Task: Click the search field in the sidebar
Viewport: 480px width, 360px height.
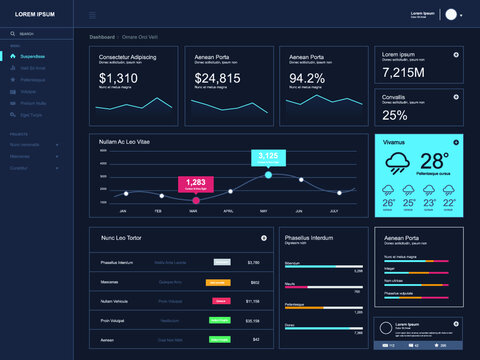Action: pyautogui.click(x=40, y=35)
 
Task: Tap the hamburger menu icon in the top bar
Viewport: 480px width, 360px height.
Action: pyautogui.click(x=93, y=15)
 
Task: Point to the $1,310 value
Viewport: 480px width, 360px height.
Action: pyautogui.click(x=119, y=78)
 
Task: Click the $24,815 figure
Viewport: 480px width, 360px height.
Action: pyautogui.click(x=217, y=78)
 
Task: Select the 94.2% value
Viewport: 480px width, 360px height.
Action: pyautogui.click(x=307, y=78)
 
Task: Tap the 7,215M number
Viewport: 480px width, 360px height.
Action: pyautogui.click(x=403, y=72)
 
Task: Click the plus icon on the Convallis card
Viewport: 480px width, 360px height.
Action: pyautogui.click(x=456, y=97)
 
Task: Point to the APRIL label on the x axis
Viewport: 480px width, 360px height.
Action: pyautogui.click(x=228, y=211)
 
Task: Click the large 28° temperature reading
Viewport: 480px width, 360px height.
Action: pyautogui.click(x=434, y=161)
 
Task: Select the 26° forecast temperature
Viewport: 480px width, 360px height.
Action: pyautogui.click(x=389, y=203)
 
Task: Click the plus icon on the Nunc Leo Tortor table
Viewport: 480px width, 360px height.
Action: pyautogui.click(x=263, y=238)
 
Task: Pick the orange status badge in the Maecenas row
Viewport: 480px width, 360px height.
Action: pyautogui.click(x=217, y=282)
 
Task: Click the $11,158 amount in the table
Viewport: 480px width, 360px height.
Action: pyautogui.click(x=252, y=301)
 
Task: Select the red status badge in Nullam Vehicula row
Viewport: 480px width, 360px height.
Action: pyautogui.click(x=217, y=301)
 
